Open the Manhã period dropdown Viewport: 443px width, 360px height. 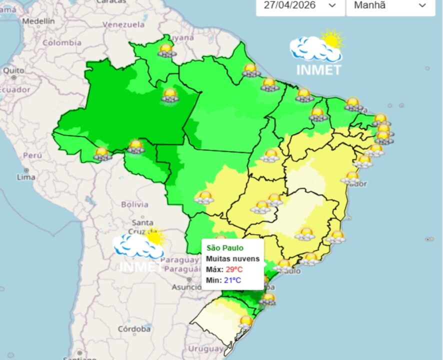tap(390, 6)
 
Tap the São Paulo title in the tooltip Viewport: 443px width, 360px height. tap(225, 248)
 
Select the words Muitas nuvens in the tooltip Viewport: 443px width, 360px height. tap(233, 258)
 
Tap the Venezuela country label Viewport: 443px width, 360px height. tap(123, 24)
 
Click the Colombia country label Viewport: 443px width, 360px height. tap(61, 43)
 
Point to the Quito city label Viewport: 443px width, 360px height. tap(13, 70)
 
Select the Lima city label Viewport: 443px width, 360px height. tap(25, 177)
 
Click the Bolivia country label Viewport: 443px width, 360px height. tap(134, 204)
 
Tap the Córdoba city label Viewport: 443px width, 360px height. tap(134, 329)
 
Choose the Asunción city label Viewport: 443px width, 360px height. tap(186, 287)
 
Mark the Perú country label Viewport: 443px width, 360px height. tap(32, 155)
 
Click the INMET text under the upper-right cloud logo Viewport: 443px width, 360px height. tap(318, 70)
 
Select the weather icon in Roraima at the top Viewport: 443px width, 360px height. tap(166, 50)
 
